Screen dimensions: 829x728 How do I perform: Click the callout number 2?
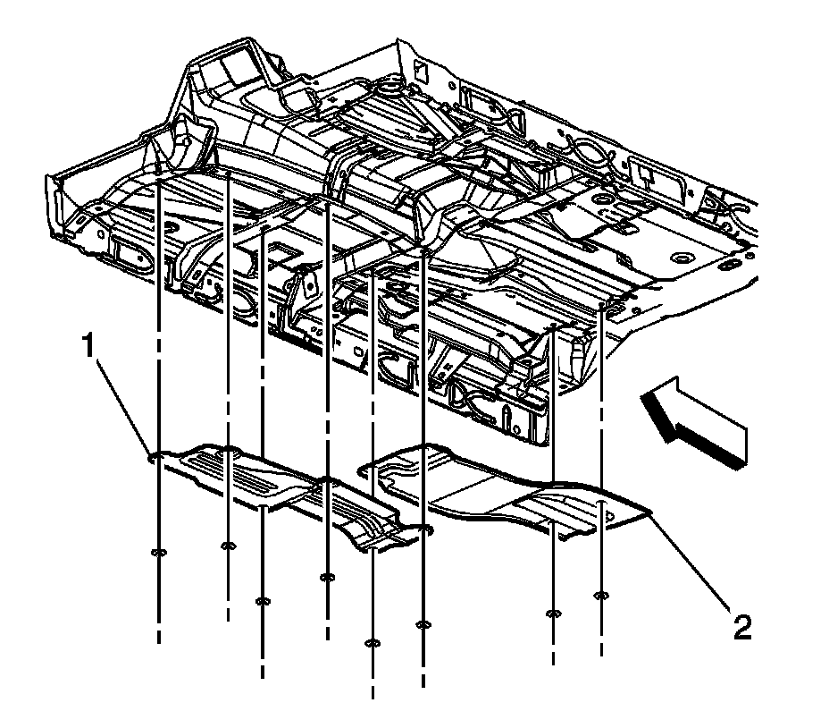[741, 625]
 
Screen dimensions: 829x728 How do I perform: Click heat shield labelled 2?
[500, 492]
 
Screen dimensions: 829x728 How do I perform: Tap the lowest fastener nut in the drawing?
[373, 642]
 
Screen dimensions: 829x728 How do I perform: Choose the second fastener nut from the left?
[228, 545]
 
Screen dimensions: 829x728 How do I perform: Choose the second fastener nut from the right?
[554, 614]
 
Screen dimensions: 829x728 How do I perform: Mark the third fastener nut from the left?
[263, 600]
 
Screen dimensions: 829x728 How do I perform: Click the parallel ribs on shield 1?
[241, 469]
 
